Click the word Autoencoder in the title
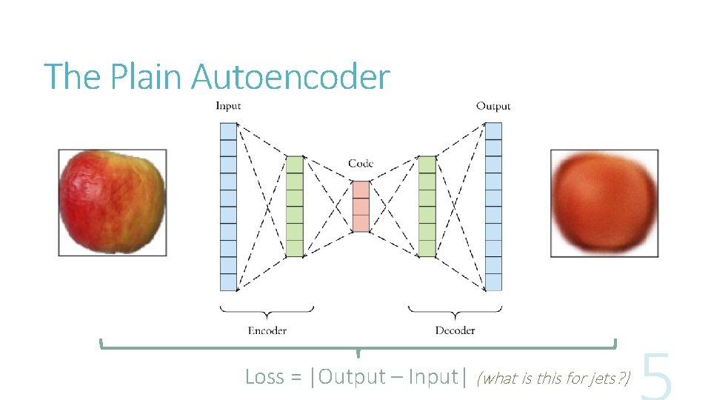(290, 77)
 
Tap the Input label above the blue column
(228, 106)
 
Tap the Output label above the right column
(493, 106)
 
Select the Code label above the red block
(361, 164)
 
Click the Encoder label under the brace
(267, 330)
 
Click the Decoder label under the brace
(455, 330)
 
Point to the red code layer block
(361, 206)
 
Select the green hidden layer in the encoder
(295, 206)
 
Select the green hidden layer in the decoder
(427, 206)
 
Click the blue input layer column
(228, 206)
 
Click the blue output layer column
(493, 206)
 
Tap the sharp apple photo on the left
(113, 203)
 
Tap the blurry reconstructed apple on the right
(604, 203)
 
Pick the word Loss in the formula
(264, 377)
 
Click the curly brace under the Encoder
(267, 310)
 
